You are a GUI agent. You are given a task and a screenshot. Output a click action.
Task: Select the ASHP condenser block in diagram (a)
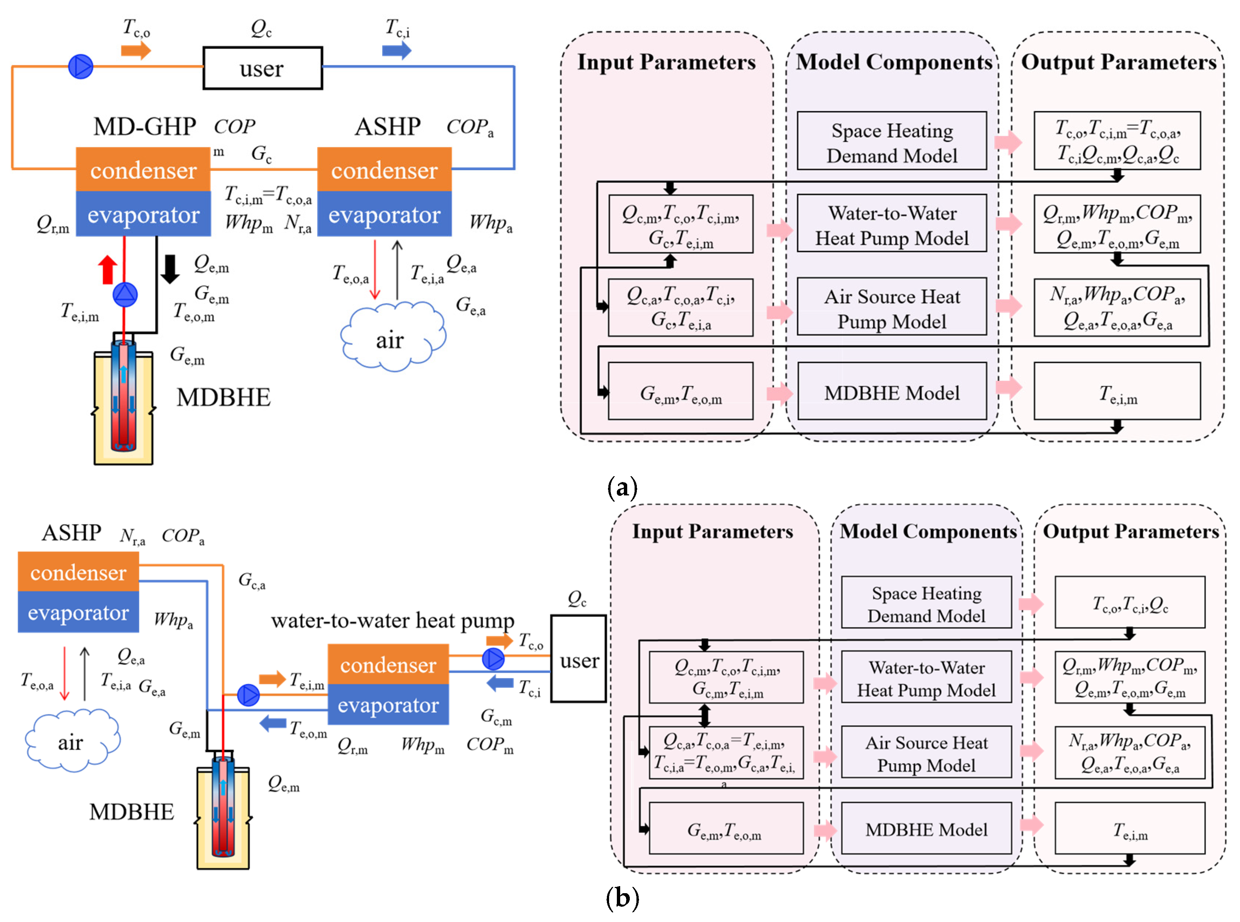point(384,170)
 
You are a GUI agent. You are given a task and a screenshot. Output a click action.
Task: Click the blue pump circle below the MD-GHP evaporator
point(125,295)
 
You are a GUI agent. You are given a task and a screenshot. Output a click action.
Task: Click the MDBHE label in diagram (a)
point(223,397)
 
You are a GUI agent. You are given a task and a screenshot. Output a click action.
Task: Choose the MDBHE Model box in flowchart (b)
point(926,829)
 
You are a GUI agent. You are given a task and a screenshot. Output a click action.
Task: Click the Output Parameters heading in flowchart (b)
point(1130,531)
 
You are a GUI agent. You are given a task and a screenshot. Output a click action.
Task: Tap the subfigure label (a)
point(621,488)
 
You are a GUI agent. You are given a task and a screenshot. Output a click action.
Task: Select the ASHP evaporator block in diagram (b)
point(78,612)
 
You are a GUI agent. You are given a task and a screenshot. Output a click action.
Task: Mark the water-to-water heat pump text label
point(392,620)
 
